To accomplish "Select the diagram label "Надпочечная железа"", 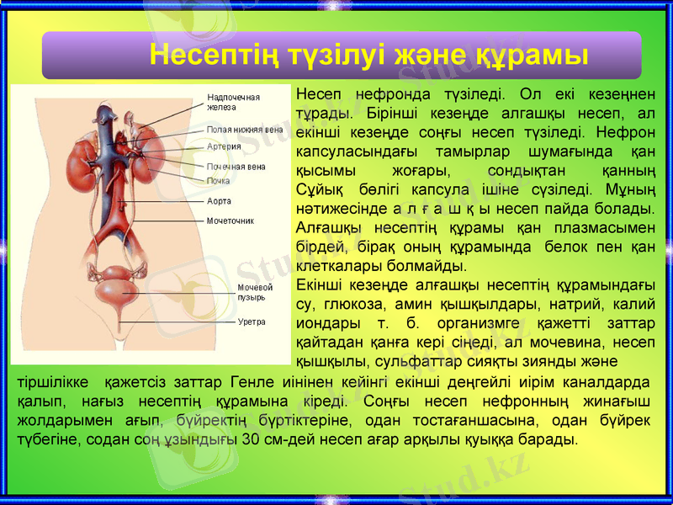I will click(233, 102).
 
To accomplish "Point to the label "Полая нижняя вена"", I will click(245, 130).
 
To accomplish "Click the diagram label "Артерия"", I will click(225, 146).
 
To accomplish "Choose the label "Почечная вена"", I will click(236, 167).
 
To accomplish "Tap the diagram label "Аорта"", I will click(220, 202).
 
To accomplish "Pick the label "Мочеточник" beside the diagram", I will click(231, 221).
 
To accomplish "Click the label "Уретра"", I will click(252, 322).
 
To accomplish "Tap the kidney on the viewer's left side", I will click(85, 157).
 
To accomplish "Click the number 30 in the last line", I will click(250, 439).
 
